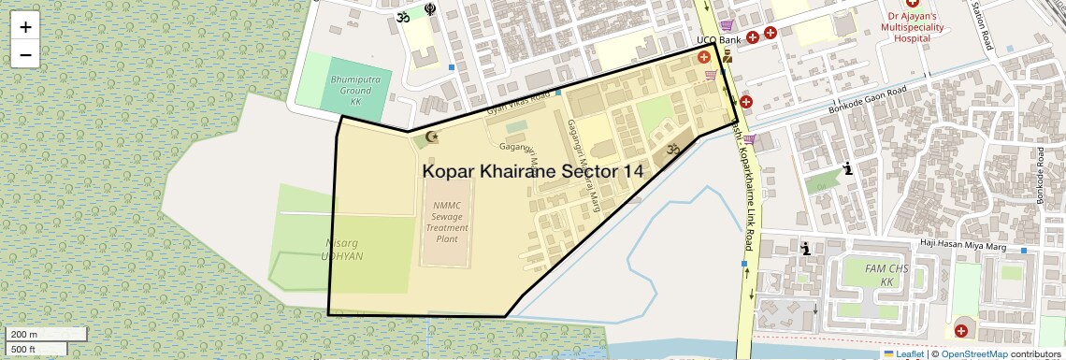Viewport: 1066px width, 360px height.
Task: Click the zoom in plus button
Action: coord(25,27)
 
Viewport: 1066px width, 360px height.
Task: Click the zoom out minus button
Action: coord(25,54)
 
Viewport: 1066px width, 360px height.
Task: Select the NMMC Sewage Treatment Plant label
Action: coord(447,221)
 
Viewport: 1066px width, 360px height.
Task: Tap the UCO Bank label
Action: coord(718,40)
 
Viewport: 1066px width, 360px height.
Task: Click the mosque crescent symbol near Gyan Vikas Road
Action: coord(431,137)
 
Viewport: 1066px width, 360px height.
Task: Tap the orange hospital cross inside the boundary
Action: coord(704,58)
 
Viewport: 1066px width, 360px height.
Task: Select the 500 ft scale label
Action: coord(23,350)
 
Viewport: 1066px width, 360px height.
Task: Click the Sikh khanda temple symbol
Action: coord(429,10)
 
